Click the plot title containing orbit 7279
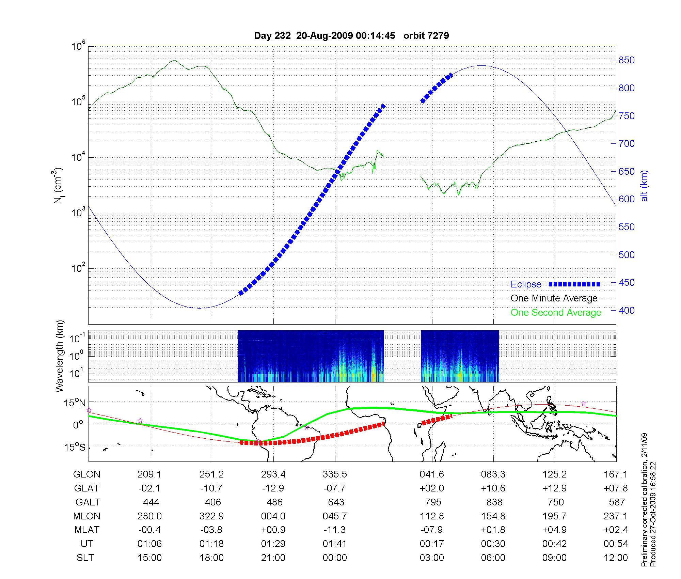pos(351,36)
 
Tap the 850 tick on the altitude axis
pos(626,60)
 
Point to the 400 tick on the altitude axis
pos(626,310)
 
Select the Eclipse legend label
pos(526,284)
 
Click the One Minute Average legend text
pos(554,298)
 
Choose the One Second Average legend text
pos(556,313)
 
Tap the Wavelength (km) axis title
pos(60,356)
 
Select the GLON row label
pos(87,474)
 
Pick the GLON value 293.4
pos(273,474)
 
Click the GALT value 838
pos(494,502)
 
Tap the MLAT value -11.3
pos(335,530)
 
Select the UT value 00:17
pos(432,544)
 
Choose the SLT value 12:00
pos(616,558)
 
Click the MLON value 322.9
pos(211,516)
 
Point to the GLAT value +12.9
pos(555,488)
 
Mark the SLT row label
pos(85,558)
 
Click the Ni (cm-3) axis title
pos(58,186)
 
